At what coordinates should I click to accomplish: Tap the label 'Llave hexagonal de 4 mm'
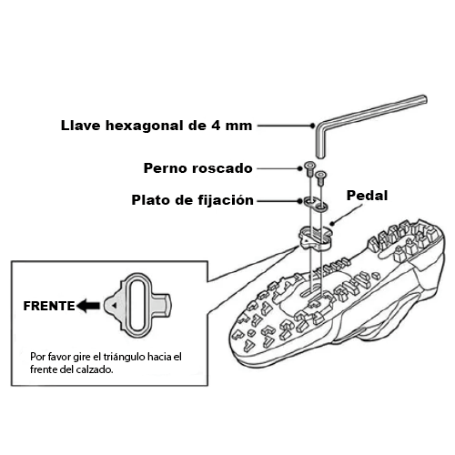pyautogui.click(x=157, y=126)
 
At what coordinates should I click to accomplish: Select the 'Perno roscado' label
pyautogui.click(x=197, y=168)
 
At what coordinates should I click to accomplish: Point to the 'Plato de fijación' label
pyautogui.click(x=192, y=200)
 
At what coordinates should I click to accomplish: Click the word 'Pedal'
pyautogui.click(x=367, y=196)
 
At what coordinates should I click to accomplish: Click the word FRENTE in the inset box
pyautogui.click(x=49, y=306)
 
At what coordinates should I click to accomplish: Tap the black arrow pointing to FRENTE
pyautogui.click(x=88, y=306)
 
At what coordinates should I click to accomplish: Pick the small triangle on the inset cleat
pyautogui.click(x=114, y=306)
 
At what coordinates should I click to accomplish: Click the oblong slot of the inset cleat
pyautogui.click(x=137, y=305)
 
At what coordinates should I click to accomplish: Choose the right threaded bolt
pyautogui.click(x=320, y=178)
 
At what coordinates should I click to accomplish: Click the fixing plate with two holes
pyautogui.click(x=316, y=204)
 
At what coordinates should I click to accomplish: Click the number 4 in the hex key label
pyautogui.click(x=216, y=126)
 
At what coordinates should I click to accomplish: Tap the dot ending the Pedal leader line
pyautogui.click(x=332, y=224)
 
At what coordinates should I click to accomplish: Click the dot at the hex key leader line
pyautogui.click(x=313, y=126)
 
